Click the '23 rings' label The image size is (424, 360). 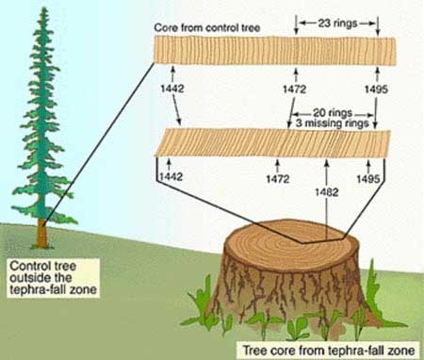point(337,24)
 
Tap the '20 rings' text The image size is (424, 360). point(333,113)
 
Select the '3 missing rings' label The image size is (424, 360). point(332,123)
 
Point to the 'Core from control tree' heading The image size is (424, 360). point(207,27)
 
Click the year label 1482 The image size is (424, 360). point(327,192)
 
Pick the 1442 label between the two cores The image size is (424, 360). point(172,89)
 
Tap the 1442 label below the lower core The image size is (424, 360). point(171,176)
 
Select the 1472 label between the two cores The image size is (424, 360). point(294,90)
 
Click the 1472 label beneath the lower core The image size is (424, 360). point(278,179)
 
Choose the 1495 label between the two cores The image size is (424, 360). point(376,90)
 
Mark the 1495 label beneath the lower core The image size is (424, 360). point(368,179)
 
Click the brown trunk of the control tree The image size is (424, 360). point(42,233)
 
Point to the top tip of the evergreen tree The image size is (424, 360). point(44,8)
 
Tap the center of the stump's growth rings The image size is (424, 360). point(302,242)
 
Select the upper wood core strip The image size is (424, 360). point(275,51)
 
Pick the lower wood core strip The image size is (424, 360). point(272,143)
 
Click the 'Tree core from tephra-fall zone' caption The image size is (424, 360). point(329,350)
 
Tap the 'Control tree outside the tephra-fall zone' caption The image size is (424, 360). point(53,278)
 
